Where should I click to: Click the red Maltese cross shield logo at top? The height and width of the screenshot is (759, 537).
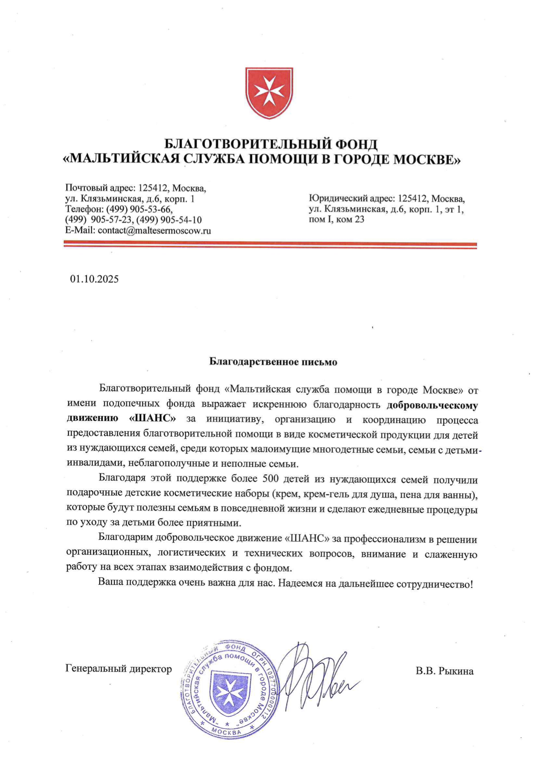click(x=269, y=93)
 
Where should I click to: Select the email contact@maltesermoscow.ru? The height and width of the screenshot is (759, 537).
click(x=154, y=230)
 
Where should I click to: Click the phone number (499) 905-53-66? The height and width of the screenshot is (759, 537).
click(x=139, y=209)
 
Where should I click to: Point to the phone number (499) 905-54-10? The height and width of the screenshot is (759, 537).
click(x=169, y=220)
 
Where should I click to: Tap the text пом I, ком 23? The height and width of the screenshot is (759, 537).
click(x=336, y=220)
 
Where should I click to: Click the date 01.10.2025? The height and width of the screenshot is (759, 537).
click(x=94, y=279)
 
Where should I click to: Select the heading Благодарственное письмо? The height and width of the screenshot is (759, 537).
click(x=273, y=362)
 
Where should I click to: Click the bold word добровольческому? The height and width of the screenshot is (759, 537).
click(x=432, y=405)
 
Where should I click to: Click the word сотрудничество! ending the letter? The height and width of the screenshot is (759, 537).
click(x=435, y=584)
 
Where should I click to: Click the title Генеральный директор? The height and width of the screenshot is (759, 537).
click(x=119, y=668)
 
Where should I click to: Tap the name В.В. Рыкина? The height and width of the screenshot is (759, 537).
click(x=444, y=671)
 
